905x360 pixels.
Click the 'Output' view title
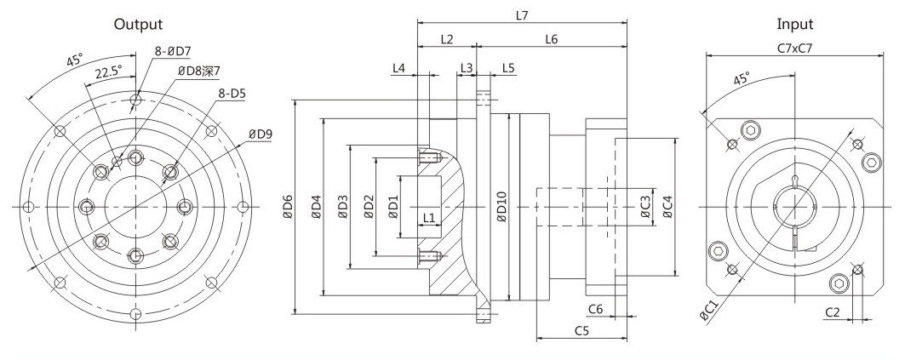tap(138, 24)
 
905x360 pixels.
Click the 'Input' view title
tap(795, 24)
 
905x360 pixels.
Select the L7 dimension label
tap(522, 16)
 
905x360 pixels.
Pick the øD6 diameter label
tap(289, 207)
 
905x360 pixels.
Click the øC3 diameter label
tap(646, 207)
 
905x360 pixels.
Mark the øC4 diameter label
tap(667, 207)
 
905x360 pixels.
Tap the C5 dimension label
tap(581, 330)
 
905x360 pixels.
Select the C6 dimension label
tap(596, 309)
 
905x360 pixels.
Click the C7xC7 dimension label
tap(795, 49)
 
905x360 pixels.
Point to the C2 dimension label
tap(832, 312)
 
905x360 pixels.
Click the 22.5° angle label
tap(108, 71)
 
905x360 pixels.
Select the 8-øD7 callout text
tap(173, 51)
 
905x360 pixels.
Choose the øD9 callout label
tap(261, 134)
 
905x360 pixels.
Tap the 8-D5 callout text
tap(231, 93)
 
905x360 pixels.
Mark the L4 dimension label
tap(398, 67)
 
